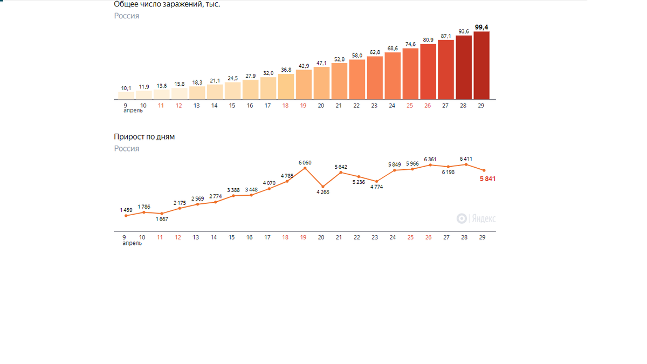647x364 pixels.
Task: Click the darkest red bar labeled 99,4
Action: tap(481, 65)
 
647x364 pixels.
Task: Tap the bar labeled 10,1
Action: tap(126, 95)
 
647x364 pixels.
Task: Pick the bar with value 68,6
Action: tap(393, 76)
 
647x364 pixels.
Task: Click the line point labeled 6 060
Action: tap(305, 168)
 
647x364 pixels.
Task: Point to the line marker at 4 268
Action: tap(322, 186)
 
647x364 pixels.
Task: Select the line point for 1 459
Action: tap(126, 216)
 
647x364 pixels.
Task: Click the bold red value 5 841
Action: tap(487, 179)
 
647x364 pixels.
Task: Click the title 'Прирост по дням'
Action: tap(144, 137)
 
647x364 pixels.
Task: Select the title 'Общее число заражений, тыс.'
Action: tap(167, 4)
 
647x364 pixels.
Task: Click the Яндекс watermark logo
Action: tap(476, 218)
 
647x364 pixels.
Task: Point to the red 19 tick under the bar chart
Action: tap(303, 106)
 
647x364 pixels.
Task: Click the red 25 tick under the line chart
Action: tap(410, 237)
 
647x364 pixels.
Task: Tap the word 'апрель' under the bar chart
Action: tap(133, 111)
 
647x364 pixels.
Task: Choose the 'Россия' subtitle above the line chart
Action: tap(126, 149)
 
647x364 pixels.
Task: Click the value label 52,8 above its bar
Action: tap(339, 59)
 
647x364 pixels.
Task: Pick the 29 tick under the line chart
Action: tap(482, 237)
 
